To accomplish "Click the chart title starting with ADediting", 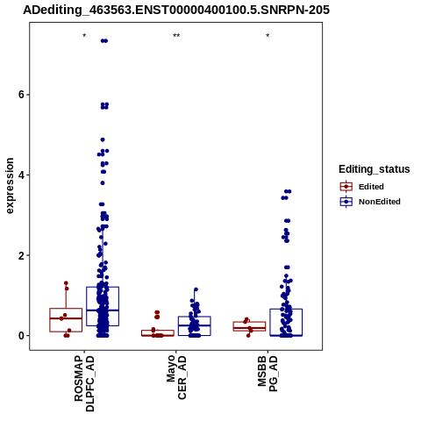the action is (176, 10).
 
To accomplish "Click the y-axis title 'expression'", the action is (10, 186).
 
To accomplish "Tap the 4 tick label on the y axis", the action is (20, 175).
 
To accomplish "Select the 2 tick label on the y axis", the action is (20, 255).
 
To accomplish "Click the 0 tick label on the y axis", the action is (20, 336).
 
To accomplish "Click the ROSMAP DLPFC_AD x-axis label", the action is (84, 383).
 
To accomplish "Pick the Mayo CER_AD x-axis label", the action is (176, 377).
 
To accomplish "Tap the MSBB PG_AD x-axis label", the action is (268, 374).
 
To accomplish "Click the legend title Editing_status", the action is (375, 169).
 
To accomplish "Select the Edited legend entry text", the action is (371, 187).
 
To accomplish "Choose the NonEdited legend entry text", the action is (380, 202).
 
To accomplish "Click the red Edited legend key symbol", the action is (346, 187).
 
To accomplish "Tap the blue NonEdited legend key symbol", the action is (346, 202).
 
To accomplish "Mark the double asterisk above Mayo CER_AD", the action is (176, 36).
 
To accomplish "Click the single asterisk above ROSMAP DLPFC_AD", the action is (84, 36).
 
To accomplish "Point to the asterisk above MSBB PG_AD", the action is (268, 36).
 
